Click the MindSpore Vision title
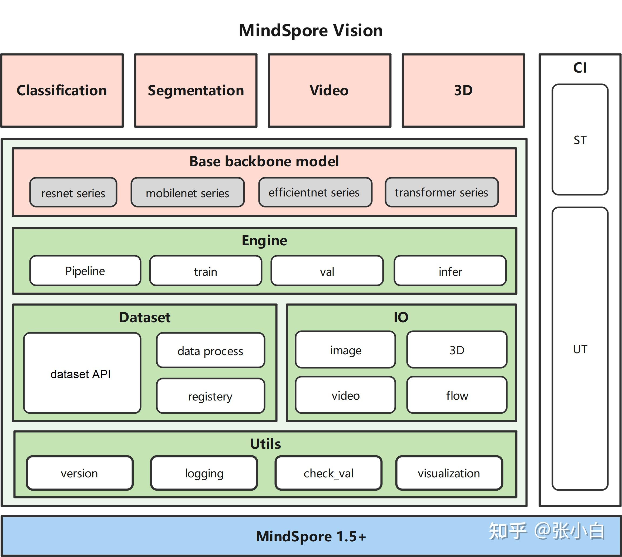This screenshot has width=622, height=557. (311, 30)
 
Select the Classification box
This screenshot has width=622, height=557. (62, 91)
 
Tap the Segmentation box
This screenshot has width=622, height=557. (196, 91)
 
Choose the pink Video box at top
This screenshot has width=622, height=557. (329, 91)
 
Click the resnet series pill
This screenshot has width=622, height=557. (73, 193)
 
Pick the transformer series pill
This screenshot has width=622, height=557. (441, 192)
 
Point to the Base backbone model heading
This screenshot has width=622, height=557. (264, 161)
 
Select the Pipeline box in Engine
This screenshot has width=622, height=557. (85, 271)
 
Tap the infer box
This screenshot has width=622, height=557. (450, 271)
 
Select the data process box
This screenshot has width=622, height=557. (210, 351)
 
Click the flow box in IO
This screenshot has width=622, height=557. (457, 395)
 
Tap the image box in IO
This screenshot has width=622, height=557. (345, 350)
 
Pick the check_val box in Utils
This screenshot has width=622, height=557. (328, 473)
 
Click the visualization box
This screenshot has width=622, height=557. (449, 473)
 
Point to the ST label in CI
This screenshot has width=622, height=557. (580, 140)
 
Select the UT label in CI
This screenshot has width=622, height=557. (580, 349)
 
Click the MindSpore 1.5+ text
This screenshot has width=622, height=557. (311, 536)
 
